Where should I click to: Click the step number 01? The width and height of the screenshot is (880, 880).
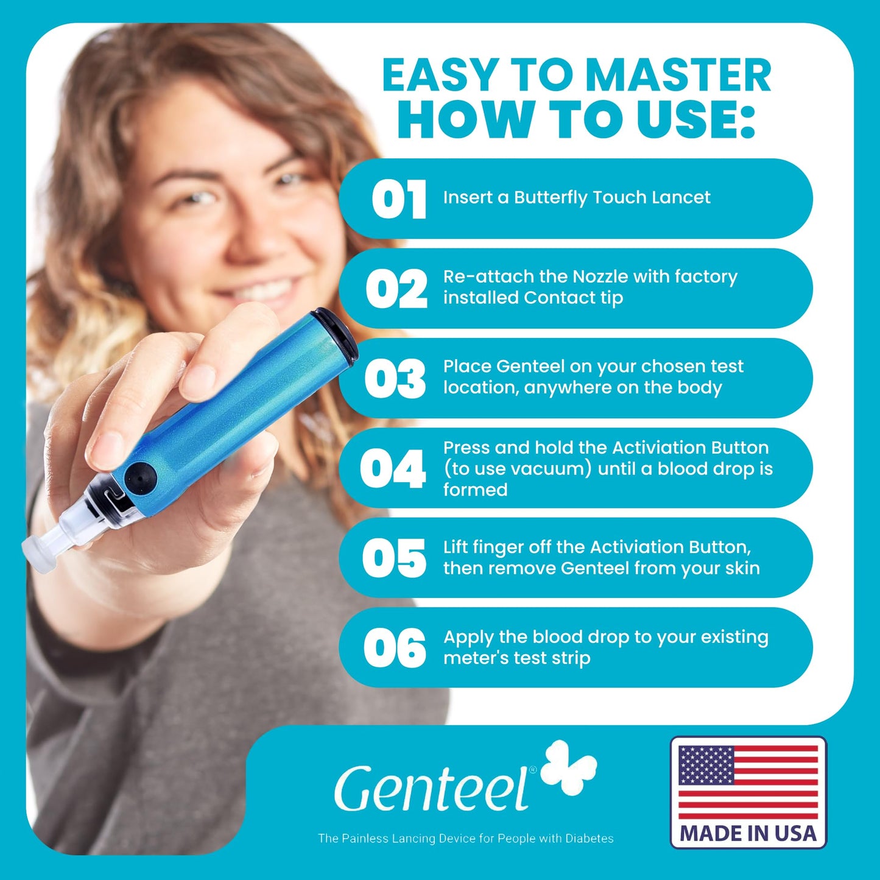click(x=399, y=199)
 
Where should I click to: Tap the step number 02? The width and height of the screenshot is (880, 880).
click(x=396, y=289)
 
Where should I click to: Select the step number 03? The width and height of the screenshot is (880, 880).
click(x=395, y=379)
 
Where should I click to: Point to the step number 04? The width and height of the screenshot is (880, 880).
click(x=393, y=468)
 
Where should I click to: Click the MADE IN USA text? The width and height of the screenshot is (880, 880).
click(x=748, y=834)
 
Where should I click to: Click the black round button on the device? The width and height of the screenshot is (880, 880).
click(x=140, y=479)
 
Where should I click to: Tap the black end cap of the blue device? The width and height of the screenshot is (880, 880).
click(x=337, y=334)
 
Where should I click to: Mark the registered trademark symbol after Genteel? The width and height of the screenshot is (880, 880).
click(x=532, y=770)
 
